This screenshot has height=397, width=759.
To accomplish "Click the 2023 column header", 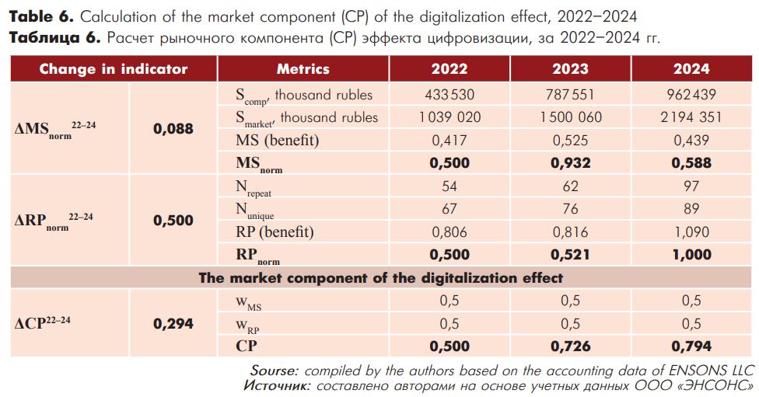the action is tap(570, 68).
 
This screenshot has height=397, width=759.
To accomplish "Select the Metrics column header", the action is tap(303, 68).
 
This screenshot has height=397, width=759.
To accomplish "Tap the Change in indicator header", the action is tap(114, 68).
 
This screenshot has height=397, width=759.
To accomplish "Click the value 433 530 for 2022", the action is tap(449, 94).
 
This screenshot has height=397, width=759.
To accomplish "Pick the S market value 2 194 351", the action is tap(691, 117).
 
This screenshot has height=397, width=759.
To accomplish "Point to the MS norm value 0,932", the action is tap(570, 163).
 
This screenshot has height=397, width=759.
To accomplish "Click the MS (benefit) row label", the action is tap(278, 141).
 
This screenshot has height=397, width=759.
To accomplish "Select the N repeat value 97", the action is tap(691, 186).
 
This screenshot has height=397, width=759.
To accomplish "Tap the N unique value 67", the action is tap(449, 209).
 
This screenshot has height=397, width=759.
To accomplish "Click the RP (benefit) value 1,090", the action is tap(691, 232).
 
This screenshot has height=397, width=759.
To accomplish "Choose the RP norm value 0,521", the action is tap(570, 255).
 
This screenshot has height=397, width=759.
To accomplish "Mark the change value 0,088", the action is tap(173, 129).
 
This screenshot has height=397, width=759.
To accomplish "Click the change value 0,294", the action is tap(173, 323).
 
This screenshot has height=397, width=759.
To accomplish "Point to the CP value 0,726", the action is tap(570, 347).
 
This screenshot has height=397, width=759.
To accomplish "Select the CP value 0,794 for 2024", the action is tap(691, 347).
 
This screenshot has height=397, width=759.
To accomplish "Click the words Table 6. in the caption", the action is tap(42, 17).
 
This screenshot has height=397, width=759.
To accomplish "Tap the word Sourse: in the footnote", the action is tap(275, 371).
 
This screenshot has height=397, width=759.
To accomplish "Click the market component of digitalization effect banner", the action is tap(380, 278).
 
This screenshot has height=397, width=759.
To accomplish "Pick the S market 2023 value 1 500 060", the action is tap(570, 117).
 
